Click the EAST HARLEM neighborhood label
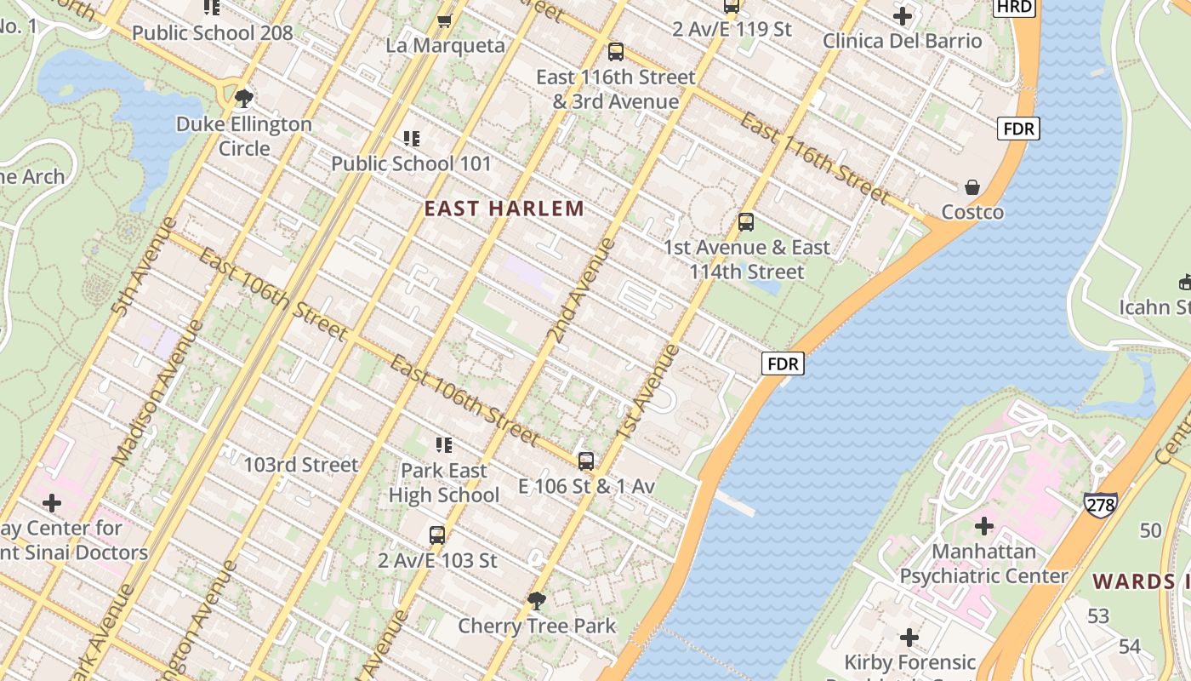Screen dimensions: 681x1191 pos(504,209)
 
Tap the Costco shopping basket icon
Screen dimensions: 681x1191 pos(972,187)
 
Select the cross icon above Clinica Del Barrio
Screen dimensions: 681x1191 pos(903,15)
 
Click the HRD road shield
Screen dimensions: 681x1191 pos(1013,7)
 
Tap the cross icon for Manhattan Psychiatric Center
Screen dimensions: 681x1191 pos(983,525)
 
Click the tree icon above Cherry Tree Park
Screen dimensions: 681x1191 pos(537,601)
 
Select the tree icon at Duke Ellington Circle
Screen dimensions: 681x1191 pos(244,98)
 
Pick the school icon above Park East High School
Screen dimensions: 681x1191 pos(443,444)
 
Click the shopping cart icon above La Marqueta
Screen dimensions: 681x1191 pos(444,20)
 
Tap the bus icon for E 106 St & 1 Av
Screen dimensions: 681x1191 pos(586,461)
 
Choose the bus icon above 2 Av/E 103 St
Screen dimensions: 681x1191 pos(437,535)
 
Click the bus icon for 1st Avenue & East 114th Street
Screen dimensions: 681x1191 pos(746,222)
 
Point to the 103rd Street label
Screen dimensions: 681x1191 pos(301,465)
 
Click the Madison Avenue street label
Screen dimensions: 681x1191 pos(157,392)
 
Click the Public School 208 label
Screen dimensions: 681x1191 pos(212,33)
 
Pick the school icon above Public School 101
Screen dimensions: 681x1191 pos(412,138)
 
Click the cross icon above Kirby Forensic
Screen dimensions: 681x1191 pos(909,637)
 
